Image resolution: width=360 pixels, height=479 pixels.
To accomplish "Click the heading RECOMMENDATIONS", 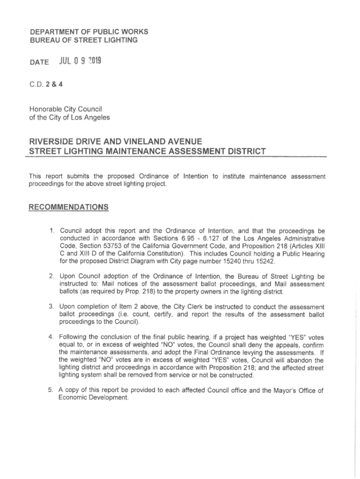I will pyautogui.click(x=69, y=207).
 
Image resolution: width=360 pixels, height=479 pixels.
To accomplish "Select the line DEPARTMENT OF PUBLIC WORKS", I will pyautogui.click(x=89, y=32).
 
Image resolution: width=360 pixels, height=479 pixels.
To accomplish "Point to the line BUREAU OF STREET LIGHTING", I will pyautogui.click(x=84, y=40).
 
